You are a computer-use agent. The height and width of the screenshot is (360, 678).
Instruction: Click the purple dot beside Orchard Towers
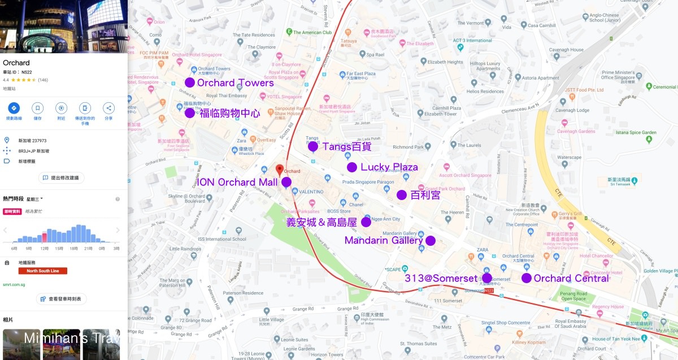click(x=190, y=83)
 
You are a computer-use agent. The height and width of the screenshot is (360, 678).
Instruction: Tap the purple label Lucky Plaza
click(x=389, y=167)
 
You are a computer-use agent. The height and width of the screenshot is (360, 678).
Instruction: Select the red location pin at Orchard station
click(x=279, y=170)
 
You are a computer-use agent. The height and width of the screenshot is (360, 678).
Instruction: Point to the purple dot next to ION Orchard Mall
click(x=286, y=182)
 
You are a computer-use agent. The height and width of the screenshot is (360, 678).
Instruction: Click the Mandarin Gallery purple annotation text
click(x=384, y=241)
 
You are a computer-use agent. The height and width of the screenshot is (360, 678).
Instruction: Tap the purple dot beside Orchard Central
click(x=527, y=278)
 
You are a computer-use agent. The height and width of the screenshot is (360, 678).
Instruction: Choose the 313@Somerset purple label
click(x=441, y=278)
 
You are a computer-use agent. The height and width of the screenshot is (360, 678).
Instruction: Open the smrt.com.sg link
click(x=14, y=284)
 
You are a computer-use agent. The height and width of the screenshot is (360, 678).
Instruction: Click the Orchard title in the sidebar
click(x=16, y=63)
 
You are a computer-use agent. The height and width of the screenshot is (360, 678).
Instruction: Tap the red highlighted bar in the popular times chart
click(x=45, y=237)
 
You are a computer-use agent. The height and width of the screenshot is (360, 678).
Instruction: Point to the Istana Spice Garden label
click(x=636, y=133)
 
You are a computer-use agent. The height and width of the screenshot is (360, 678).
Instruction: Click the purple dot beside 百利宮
click(x=402, y=195)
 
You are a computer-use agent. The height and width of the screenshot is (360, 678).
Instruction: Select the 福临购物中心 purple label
click(x=230, y=114)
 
